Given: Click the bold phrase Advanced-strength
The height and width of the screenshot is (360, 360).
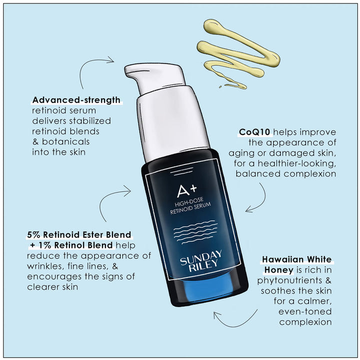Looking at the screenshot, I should (x=75, y=100).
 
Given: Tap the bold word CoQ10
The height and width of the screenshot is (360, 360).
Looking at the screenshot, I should (x=254, y=132).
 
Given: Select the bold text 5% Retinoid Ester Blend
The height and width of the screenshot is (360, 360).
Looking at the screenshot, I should (x=78, y=234).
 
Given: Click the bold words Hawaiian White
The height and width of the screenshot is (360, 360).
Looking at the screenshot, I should (x=297, y=259).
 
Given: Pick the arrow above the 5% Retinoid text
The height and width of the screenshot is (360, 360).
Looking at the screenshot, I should (x=112, y=202).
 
